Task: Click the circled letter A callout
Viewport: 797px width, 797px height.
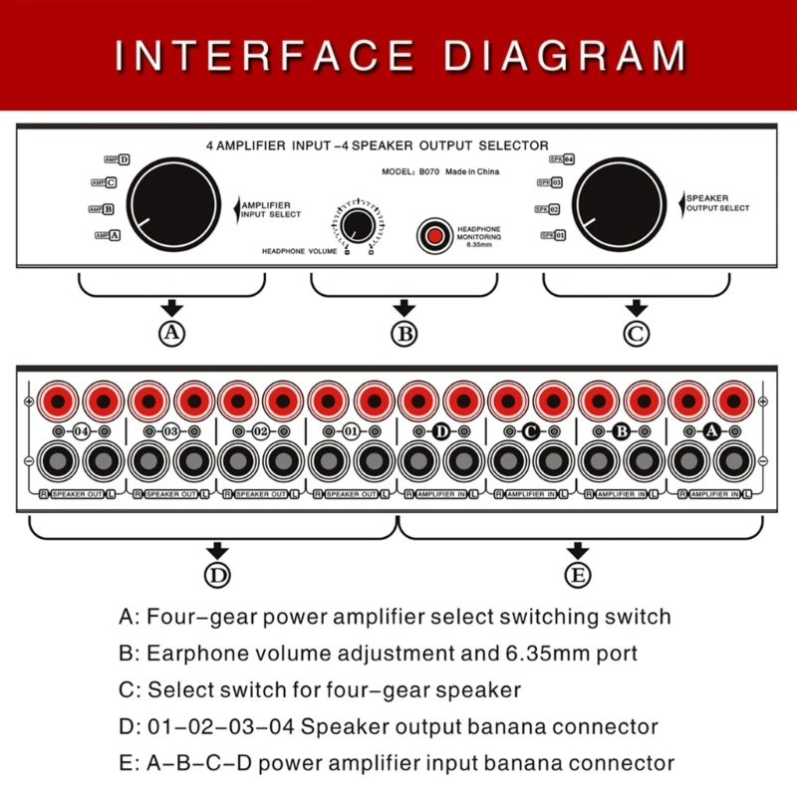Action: click(x=172, y=334)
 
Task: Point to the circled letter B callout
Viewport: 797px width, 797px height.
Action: click(x=403, y=334)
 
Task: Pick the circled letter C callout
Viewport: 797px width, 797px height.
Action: click(x=636, y=334)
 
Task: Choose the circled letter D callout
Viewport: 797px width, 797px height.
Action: click(x=216, y=575)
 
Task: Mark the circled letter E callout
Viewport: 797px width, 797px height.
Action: click(x=578, y=575)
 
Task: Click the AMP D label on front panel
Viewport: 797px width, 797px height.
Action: click(x=118, y=158)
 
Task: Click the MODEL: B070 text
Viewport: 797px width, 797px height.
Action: click(x=408, y=171)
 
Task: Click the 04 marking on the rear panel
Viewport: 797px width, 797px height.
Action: click(x=81, y=431)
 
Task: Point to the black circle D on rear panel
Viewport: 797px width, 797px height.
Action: click(x=441, y=431)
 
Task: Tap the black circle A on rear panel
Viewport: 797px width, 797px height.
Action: click(x=710, y=431)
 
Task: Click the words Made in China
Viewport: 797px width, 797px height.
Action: click(x=472, y=171)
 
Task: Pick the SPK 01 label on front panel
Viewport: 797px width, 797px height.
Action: click(x=554, y=235)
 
